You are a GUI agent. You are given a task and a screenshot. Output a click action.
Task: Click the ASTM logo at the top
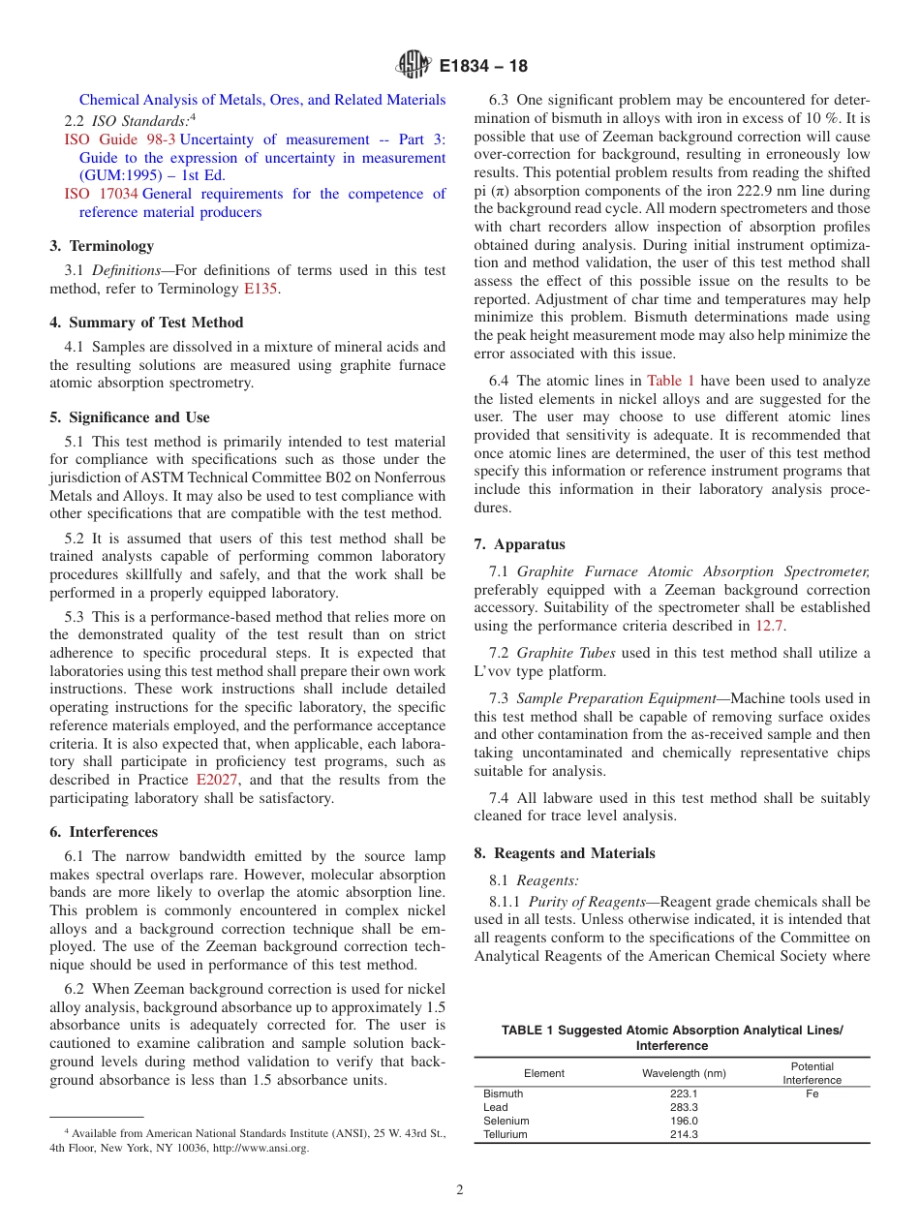click(x=414, y=67)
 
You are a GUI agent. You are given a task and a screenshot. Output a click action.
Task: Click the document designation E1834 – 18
click(x=483, y=68)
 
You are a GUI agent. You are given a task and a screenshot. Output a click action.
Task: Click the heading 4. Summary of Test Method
click(x=146, y=323)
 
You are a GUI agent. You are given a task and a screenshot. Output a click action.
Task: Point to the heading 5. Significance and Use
click(x=130, y=417)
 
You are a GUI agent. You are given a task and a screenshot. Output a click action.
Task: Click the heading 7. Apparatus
click(x=519, y=544)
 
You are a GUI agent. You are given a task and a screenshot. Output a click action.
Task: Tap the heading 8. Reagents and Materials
click(x=565, y=853)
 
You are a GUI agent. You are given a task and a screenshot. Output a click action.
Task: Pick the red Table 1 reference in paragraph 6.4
click(x=670, y=381)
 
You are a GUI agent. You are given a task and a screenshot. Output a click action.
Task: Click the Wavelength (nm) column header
click(x=684, y=1073)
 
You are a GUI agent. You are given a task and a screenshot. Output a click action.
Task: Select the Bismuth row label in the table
click(x=503, y=1093)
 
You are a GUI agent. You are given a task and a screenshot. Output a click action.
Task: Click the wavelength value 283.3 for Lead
click(x=684, y=1107)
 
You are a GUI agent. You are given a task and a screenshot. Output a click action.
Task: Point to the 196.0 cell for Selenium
click(x=684, y=1121)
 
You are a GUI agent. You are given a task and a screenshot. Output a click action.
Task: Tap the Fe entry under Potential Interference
click(x=812, y=1093)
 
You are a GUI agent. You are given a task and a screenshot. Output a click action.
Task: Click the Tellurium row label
click(x=505, y=1134)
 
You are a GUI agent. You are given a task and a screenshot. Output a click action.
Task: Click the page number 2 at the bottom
click(x=460, y=1190)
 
